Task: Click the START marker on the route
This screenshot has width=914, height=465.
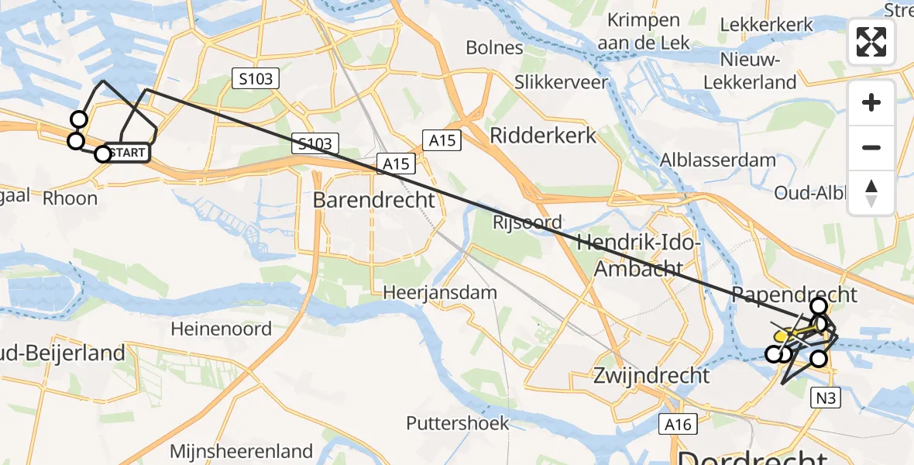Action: click(x=126, y=153)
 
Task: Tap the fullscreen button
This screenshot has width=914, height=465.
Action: click(x=871, y=42)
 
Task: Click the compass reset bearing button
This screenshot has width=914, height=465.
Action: click(x=871, y=193)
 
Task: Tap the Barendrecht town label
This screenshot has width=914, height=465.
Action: click(x=374, y=200)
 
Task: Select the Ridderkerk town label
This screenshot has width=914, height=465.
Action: click(x=543, y=136)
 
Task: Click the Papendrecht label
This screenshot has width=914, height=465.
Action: click(x=794, y=294)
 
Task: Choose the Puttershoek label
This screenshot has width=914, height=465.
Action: click(x=458, y=423)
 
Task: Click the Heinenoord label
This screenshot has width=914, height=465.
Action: click(x=221, y=329)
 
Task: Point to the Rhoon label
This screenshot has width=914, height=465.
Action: click(x=70, y=198)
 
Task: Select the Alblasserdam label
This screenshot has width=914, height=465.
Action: click(x=717, y=160)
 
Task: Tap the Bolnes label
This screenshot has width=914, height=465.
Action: click(x=494, y=48)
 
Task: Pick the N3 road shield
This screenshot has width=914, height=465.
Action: click(x=826, y=398)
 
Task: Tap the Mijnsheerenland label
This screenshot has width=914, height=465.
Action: click(x=241, y=451)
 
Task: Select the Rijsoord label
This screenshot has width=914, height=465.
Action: click(x=527, y=222)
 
